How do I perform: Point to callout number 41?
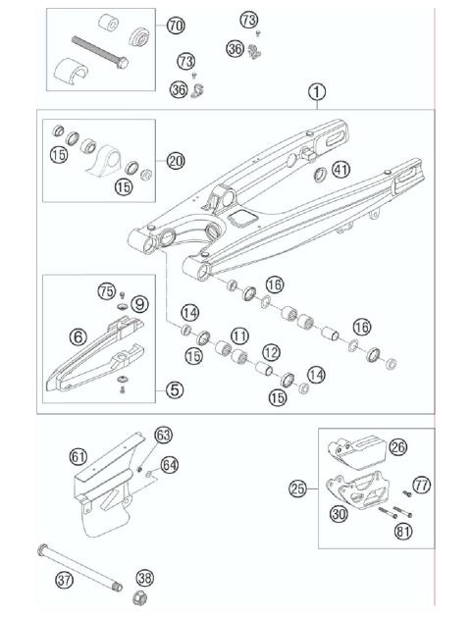click(x=340, y=169)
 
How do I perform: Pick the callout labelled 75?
click(x=107, y=290)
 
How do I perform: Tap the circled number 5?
click(x=174, y=389)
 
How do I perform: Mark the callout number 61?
click(x=78, y=455)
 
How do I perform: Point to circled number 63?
click(x=163, y=435)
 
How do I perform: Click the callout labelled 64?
click(x=170, y=464)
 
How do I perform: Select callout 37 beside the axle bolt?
click(x=64, y=580)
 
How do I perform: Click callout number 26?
click(x=396, y=448)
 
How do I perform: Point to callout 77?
click(x=422, y=484)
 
